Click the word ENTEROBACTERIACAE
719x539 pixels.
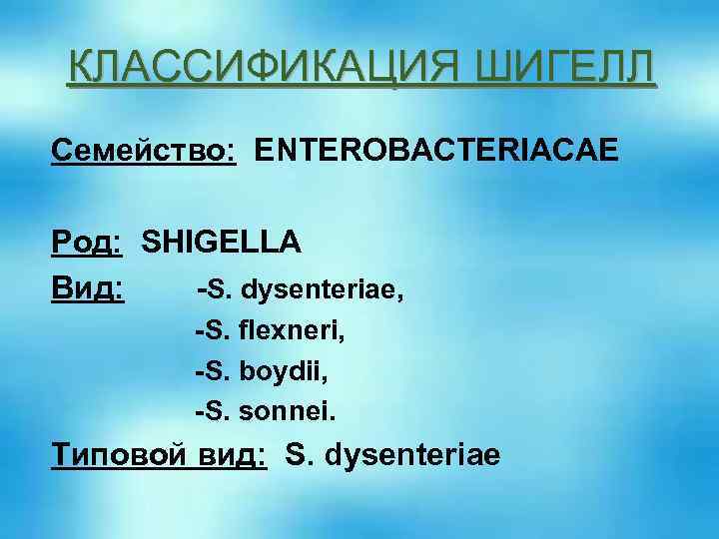[x=436, y=151]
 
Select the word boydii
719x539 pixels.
[x=283, y=370]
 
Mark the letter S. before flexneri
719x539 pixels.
[x=216, y=331]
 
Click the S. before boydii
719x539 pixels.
[x=216, y=370]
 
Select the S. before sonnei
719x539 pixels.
[x=216, y=408]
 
